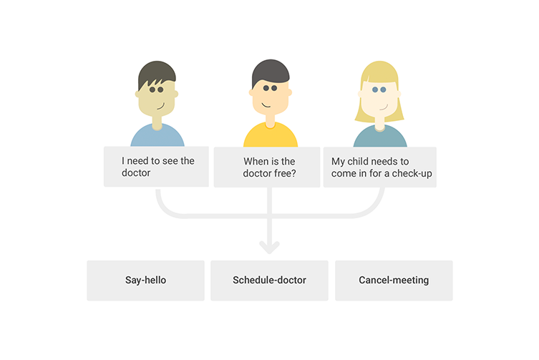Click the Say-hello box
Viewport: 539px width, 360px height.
145,281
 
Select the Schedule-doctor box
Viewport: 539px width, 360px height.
269,281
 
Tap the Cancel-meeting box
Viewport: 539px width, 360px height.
394,281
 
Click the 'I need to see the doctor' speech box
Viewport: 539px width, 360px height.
157,167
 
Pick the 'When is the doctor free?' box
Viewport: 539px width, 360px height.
267,167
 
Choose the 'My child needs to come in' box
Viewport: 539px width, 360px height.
380,167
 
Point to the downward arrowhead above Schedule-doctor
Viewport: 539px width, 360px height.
269,247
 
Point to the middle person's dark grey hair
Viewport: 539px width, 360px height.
270,70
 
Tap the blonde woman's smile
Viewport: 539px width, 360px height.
384,107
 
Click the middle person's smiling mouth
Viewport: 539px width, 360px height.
266,105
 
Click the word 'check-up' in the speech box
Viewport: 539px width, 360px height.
412,174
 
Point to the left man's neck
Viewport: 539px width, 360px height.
157,123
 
